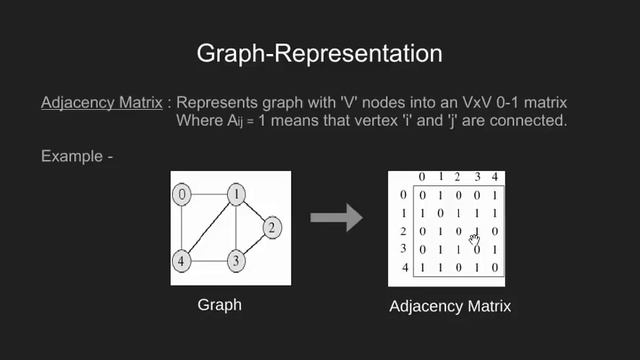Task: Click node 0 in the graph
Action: [x=182, y=194]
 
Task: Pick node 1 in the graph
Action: [x=235, y=194]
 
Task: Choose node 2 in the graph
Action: [x=270, y=229]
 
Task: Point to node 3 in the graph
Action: [x=235, y=262]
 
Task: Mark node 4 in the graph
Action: [x=182, y=262]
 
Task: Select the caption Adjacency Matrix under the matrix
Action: [x=449, y=306]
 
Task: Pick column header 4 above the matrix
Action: [x=495, y=177]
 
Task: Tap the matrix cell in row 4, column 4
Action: [x=495, y=268]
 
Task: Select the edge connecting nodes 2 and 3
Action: [x=254, y=246]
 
